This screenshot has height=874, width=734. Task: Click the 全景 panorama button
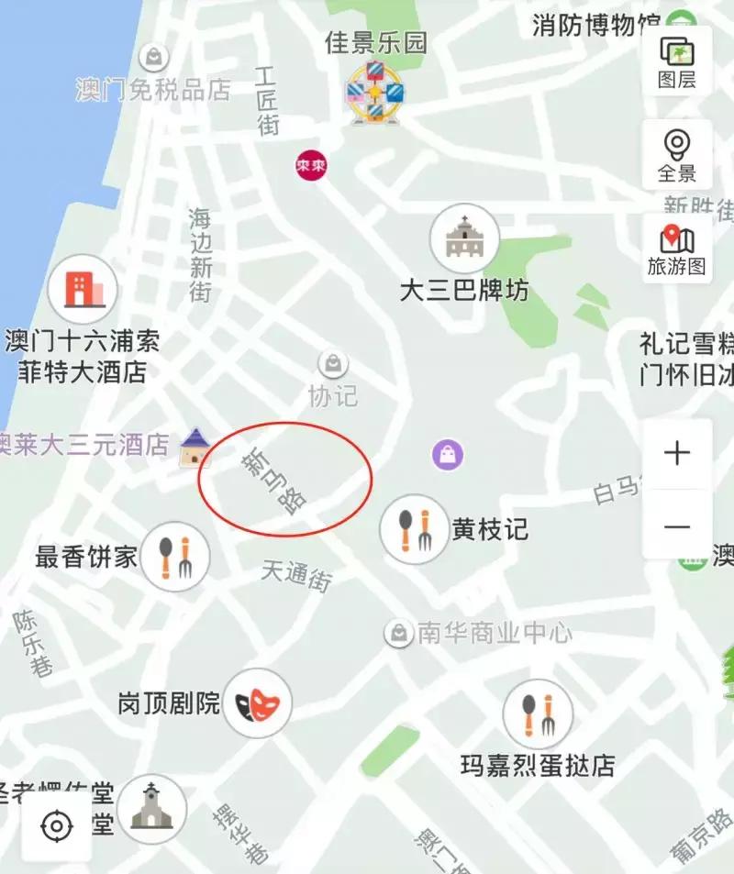click(x=677, y=154)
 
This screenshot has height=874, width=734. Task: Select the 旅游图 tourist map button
click(x=677, y=249)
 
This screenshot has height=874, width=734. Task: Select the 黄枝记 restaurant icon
click(x=415, y=530)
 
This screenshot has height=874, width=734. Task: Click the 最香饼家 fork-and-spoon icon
click(x=174, y=556)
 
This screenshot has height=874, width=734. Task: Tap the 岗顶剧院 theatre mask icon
click(x=258, y=704)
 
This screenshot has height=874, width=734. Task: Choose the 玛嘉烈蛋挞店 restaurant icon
click(x=538, y=714)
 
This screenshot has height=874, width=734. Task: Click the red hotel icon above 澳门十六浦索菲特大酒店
click(x=83, y=289)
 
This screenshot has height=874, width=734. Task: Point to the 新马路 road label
click(x=273, y=481)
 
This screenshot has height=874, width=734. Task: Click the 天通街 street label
click(x=295, y=576)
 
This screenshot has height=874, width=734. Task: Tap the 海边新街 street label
click(x=201, y=255)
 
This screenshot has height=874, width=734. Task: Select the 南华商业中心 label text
click(x=494, y=633)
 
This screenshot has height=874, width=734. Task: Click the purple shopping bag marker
click(x=448, y=453)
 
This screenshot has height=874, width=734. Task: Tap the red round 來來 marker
click(x=312, y=166)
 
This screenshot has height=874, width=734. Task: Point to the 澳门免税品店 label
click(x=153, y=90)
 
